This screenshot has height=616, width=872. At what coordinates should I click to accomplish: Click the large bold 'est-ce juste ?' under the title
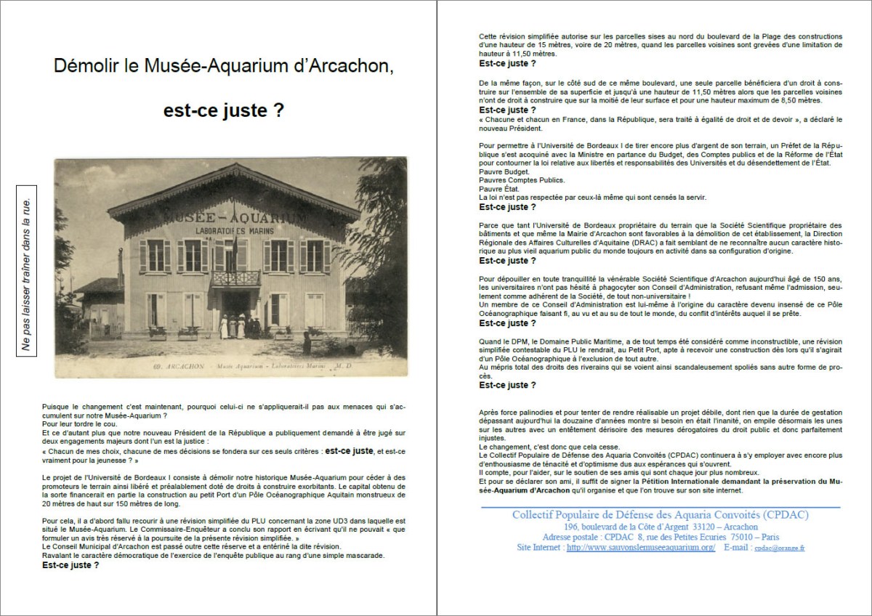click(223, 113)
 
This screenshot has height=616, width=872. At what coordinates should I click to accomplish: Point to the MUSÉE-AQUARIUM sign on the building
click(235, 218)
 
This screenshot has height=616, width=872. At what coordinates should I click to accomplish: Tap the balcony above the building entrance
click(235, 278)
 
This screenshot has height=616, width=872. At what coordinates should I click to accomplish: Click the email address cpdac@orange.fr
click(779, 548)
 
